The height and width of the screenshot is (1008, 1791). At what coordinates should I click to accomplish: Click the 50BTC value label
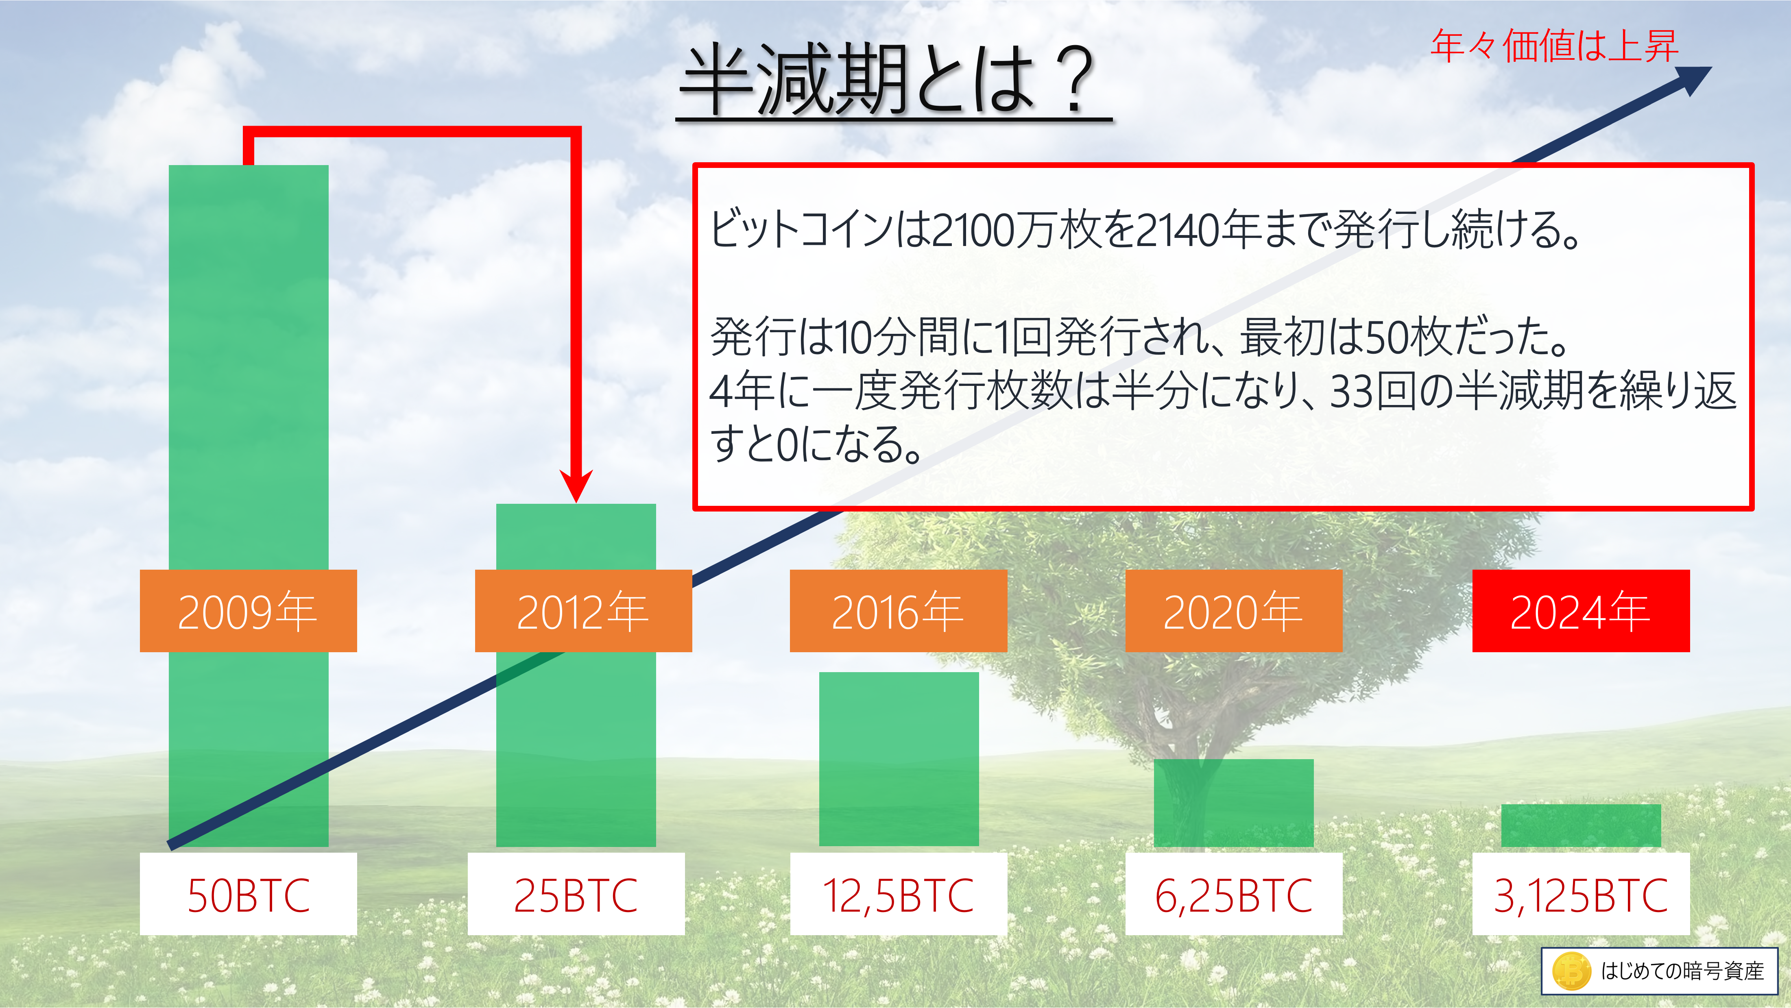click(248, 894)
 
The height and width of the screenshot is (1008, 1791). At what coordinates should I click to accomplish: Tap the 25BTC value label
click(576, 894)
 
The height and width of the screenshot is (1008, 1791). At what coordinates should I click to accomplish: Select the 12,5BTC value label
click(898, 894)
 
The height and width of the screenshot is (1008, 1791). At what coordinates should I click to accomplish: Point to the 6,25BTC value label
click(1234, 894)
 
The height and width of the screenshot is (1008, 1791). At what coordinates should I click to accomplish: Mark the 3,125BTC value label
click(1581, 894)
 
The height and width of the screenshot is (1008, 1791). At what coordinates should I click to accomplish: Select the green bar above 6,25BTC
click(1234, 803)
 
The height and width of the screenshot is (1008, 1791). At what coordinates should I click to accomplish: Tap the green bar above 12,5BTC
click(899, 759)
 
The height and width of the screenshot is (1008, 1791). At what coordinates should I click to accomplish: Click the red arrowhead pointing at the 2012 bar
click(576, 485)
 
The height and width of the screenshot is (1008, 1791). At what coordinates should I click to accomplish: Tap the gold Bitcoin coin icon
click(1571, 971)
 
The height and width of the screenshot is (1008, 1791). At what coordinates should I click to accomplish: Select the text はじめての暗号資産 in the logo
click(1682, 971)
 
